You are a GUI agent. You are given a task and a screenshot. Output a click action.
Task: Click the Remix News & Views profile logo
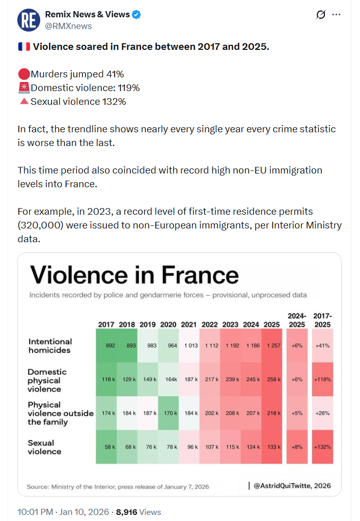click(x=29, y=20)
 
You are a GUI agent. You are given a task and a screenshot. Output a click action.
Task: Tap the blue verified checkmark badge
click(x=136, y=15)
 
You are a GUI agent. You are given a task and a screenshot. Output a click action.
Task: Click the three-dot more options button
click(x=337, y=15)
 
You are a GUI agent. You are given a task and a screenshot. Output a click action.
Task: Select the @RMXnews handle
click(x=68, y=26)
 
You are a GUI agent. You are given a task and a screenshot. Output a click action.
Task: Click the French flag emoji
click(x=23, y=47)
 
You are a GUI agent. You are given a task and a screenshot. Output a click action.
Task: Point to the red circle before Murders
click(x=23, y=74)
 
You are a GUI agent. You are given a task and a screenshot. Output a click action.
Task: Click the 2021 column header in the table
click(x=189, y=324)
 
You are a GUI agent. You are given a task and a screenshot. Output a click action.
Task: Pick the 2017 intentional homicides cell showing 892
click(x=106, y=345)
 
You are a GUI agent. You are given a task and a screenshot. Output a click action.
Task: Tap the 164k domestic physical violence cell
click(x=168, y=379)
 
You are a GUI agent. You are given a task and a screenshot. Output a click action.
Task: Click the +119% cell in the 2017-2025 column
click(x=322, y=379)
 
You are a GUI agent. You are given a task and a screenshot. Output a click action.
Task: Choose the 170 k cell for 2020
click(x=168, y=413)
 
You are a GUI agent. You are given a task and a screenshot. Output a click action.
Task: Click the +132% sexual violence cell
click(x=322, y=447)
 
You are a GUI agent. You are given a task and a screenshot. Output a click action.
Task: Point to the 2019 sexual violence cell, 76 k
click(x=148, y=447)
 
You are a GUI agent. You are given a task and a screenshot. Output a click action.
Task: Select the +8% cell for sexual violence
click(x=296, y=447)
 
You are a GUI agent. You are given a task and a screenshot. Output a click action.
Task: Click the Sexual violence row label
click(x=44, y=447)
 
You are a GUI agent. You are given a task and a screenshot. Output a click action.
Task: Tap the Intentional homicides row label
click(x=50, y=345)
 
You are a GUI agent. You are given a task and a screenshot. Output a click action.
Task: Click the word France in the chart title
click(x=201, y=275)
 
